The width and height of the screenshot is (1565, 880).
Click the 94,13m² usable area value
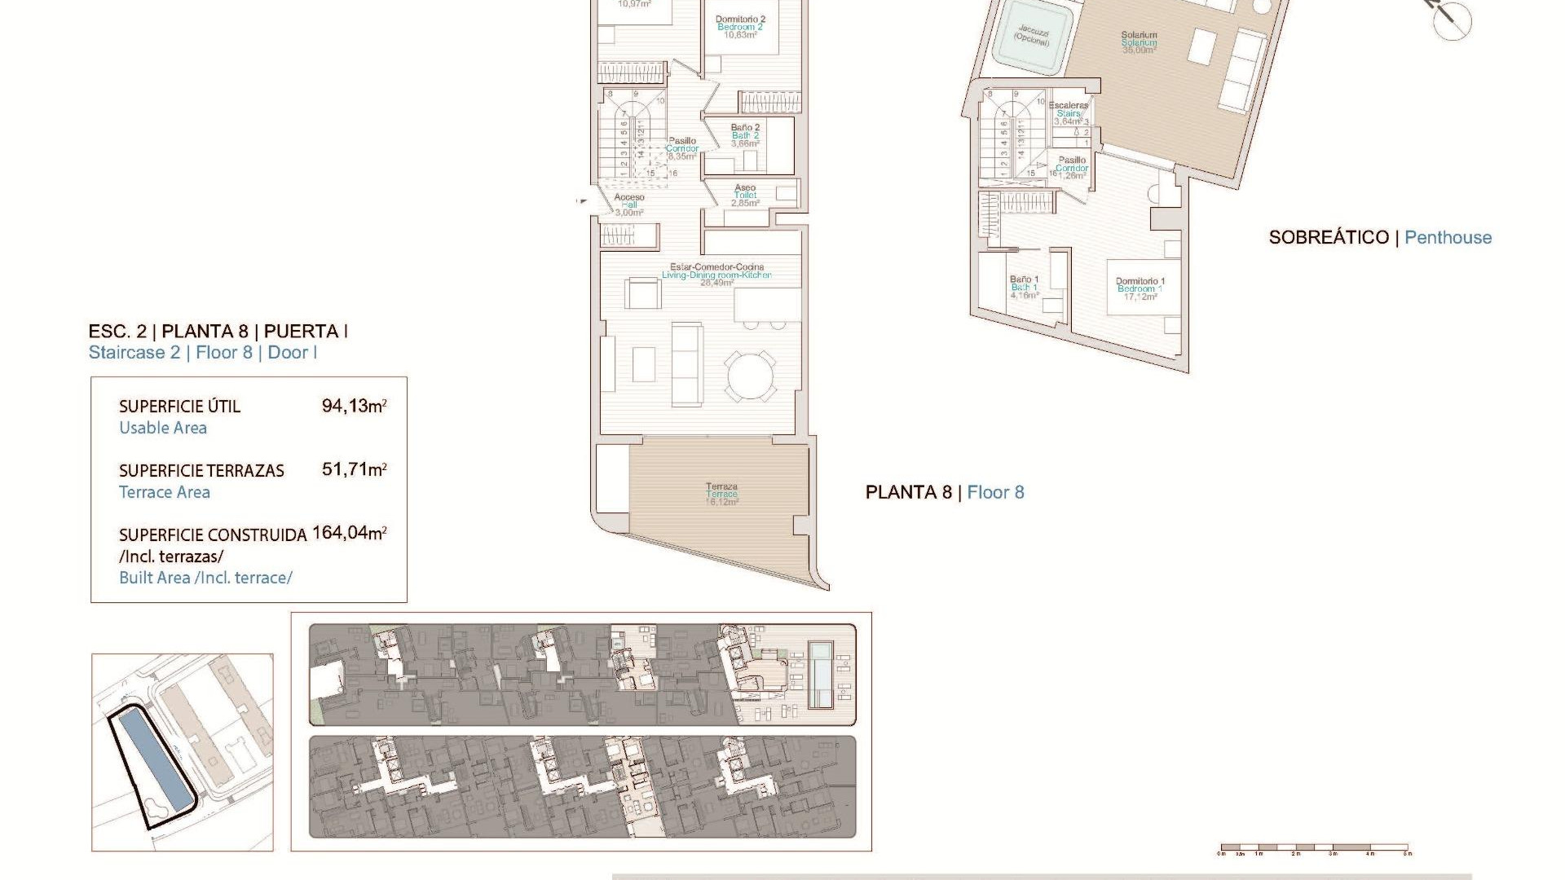[354, 406]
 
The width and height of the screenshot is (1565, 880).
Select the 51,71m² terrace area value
[354, 469]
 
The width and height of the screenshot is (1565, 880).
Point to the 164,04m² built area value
[349, 533]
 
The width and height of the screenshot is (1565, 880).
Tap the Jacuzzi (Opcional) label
[1033, 35]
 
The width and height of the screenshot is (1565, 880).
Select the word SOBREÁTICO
[1329, 238]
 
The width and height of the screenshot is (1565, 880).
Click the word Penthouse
[1448, 238]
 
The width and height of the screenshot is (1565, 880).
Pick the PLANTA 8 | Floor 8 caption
[944, 492]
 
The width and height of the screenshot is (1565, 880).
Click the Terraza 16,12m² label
[721, 494]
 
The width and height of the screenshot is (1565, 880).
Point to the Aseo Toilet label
[745, 195]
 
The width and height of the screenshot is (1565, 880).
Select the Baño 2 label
[745, 135]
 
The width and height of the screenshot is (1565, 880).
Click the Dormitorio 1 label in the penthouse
[1140, 288]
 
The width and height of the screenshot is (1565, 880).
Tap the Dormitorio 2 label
[740, 27]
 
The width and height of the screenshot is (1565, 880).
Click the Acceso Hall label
[629, 205]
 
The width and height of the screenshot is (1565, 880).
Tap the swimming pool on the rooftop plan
[819, 675]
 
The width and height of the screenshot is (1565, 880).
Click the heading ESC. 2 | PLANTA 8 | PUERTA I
[218, 332]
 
